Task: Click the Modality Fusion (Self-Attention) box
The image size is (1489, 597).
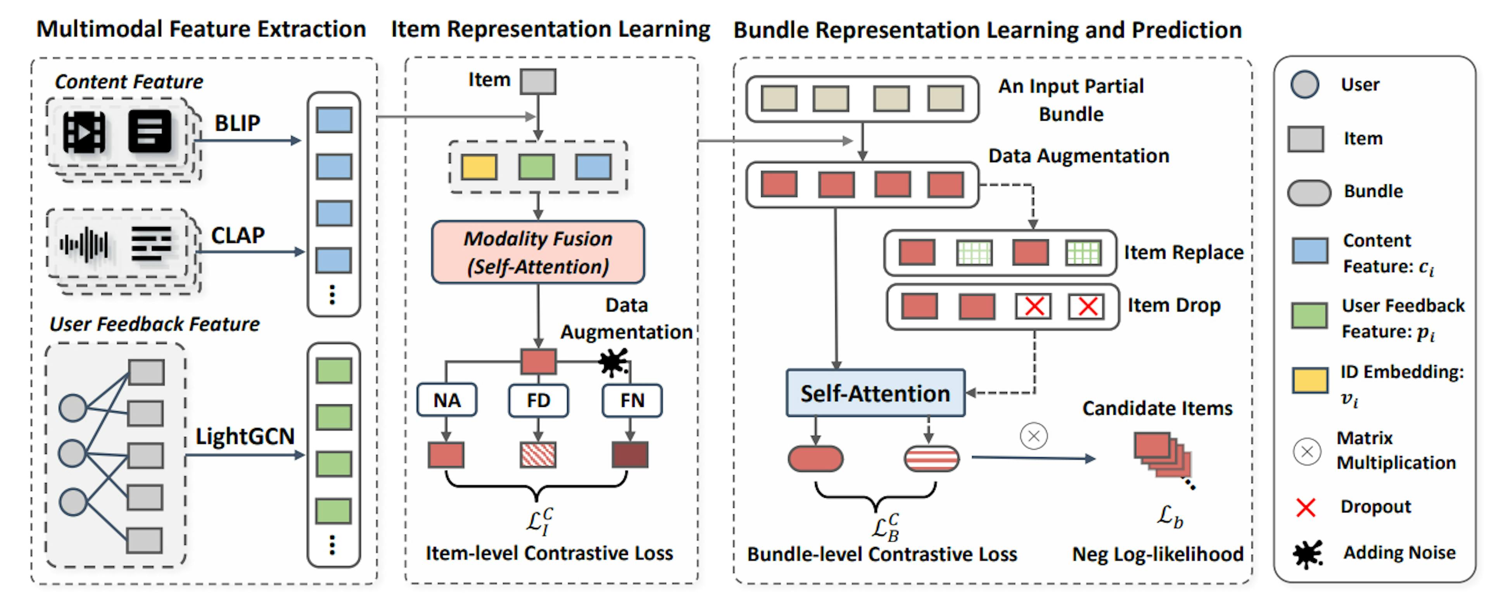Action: pyautogui.click(x=537, y=252)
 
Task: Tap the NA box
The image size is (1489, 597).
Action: pyautogui.click(x=447, y=400)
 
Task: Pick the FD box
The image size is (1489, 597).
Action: pyautogui.click(x=538, y=400)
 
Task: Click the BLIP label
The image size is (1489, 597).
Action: pyautogui.click(x=237, y=123)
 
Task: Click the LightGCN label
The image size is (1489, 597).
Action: pyautogui.click(x=245, y=436)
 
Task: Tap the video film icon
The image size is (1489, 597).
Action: pyautogui.click(x=85, y=132)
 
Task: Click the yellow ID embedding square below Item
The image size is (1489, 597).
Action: pyautogui.click(x=478, y=167)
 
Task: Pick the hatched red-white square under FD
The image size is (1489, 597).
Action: pyautogui.click(x=538, y=455)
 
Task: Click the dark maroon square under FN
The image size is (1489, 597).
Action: pyautogui.click(x=630, y=455)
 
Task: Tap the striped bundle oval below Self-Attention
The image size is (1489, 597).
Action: pyautogui.click(x=931, y=459)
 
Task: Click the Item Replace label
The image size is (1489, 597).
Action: pyautogui.click(x=1183, y=252)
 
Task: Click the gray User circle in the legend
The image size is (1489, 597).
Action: pyautogui.click(x=1304, y=85)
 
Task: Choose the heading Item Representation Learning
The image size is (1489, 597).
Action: pyautogui.click(x=550, y=29)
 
